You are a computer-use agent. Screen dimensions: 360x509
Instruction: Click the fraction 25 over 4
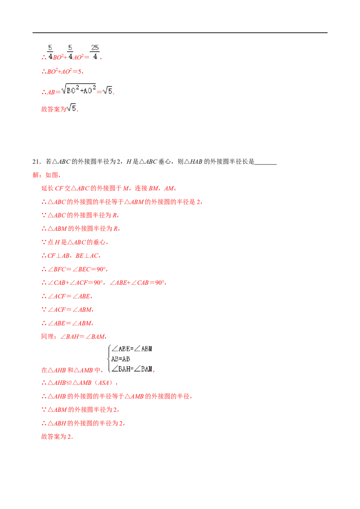pos(94,52)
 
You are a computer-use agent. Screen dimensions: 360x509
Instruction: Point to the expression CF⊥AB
pos(58,256)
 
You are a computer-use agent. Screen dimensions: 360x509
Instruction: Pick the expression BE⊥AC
pos(87,256)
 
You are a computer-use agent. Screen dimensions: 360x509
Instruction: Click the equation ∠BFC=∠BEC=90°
pos(76,269)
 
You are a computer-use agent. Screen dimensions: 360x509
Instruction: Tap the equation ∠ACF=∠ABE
pos(69,296)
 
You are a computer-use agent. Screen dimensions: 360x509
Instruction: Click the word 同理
pos(47,337)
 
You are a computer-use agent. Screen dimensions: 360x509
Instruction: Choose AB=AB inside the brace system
pos(121,359)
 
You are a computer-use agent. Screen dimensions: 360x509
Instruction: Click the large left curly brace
pos(109,359)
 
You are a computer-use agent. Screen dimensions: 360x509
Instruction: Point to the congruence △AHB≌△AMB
pos(69,383)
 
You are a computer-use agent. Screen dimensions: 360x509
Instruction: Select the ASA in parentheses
pos(103,383)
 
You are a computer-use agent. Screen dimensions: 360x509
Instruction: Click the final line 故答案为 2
pos(57,437)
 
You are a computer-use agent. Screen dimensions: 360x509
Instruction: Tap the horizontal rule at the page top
pos(180,33)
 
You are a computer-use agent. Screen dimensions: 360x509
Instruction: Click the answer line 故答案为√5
pos(60,108)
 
